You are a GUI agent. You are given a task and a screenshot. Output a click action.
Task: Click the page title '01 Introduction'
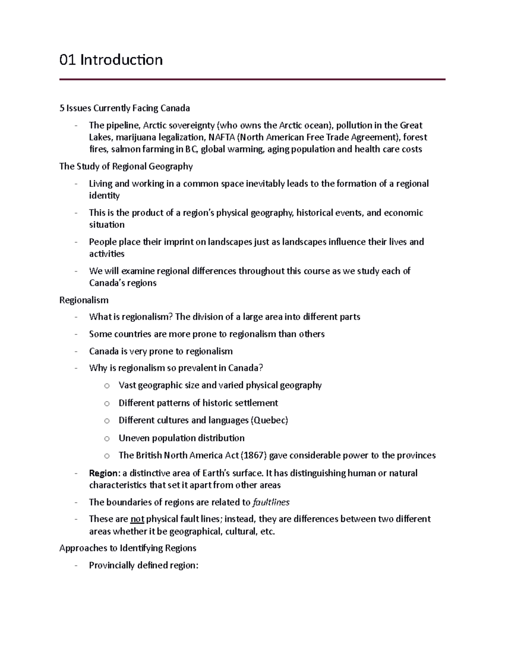pyautogui.click(x=111, y=60)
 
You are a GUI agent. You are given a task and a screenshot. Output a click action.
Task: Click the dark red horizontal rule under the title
pyautogui.click(x=252, y=79)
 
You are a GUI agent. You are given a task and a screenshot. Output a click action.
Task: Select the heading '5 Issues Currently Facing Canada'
pyautogui.click(x=125, y=108)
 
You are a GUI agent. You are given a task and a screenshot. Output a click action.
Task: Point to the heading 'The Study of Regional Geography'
pyautogui.click(x=126, y=166)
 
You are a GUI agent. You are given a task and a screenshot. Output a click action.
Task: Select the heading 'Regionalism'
pyautogui.click(x=84, y=300)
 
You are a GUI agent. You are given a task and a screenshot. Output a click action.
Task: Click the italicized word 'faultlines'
pyautogui.click(x=271, y=502)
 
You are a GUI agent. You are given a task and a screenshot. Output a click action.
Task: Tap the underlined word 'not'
pyautogui.click(x=137, y=519)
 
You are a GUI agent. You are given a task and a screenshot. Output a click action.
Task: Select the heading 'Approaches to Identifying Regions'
pyautogui.click(x=128, y=548)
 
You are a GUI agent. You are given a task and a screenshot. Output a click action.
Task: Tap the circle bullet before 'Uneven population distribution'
pyautogui.click(x=107, y=438)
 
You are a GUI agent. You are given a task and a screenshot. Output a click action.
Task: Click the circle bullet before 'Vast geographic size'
pyautogui.click(x=107, y=386)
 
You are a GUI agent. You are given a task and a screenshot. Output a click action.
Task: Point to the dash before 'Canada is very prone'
pyautogui.click(x=76, y=351)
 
